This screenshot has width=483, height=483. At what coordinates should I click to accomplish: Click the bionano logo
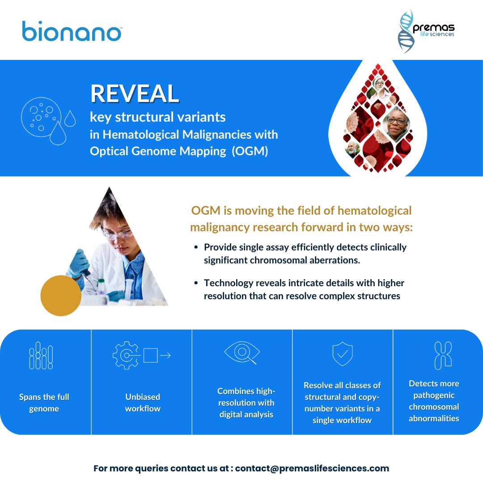tap(72, 31)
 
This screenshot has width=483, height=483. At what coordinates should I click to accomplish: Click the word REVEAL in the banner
tap(135, 93)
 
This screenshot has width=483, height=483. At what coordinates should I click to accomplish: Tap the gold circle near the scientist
tap(61, 295)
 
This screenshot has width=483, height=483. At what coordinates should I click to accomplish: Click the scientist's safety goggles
tap(117, 233)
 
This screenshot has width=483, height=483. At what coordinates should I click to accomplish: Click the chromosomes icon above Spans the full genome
tap(41, 356)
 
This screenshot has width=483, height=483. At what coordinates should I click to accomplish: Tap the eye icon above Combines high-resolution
tap(241, 353)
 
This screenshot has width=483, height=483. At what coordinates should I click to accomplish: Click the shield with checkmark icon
tap(343, 354)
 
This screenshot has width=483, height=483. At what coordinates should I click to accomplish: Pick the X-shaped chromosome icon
tap(443, 356)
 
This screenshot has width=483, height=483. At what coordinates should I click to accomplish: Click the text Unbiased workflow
tap(143, 402)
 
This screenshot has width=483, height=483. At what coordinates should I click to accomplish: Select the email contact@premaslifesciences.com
tap(312, 469)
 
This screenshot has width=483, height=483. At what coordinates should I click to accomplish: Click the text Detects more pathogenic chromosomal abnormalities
tap(434, 401)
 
